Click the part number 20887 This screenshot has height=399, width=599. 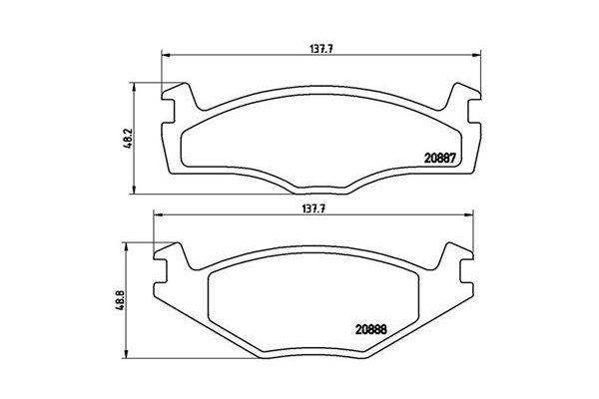click(438, 158)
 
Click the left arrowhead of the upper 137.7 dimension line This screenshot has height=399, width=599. click(165, 55)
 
